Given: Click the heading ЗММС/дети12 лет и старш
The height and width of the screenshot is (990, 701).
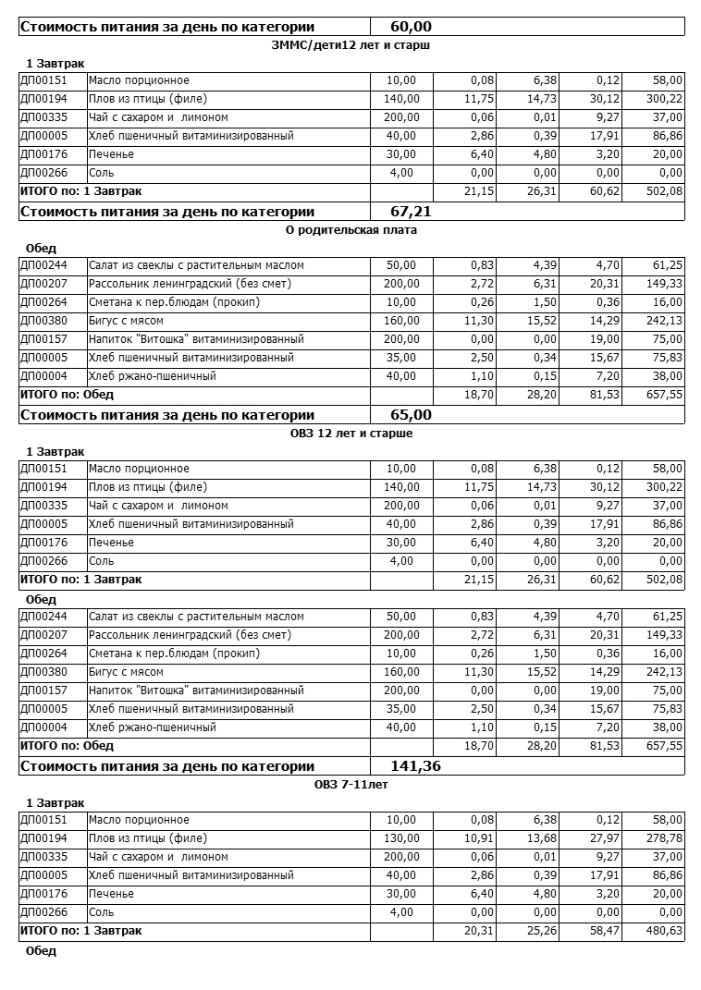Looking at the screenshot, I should click(351, 44).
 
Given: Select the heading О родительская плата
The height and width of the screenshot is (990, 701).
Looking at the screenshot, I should click(351, 230).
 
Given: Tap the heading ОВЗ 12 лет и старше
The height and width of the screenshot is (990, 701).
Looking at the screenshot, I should click(351, 433).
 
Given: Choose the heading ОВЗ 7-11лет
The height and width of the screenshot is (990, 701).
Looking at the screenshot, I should click(351, 785).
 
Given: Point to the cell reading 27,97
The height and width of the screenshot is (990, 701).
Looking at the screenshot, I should click(603, 838).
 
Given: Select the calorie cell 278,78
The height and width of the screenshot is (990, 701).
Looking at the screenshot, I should click(664, 838).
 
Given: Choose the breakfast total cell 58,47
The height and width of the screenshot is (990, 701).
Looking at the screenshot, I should click(603, 931).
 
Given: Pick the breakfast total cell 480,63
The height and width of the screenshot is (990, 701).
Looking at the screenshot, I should click(664, 931).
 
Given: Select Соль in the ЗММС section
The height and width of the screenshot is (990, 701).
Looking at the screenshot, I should click(101, 173).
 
